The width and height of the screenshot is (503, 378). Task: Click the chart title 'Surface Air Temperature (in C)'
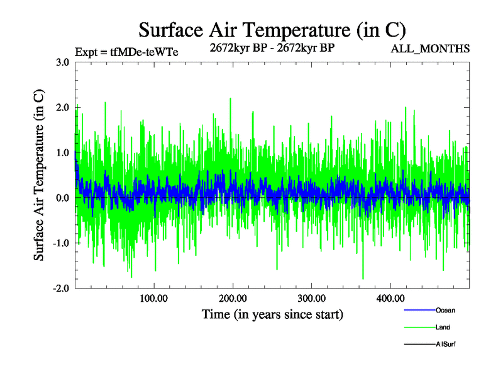click(272, 30)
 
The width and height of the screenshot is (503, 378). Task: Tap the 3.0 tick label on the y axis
click(62, 62)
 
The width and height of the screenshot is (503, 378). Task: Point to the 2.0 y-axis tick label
click(62, 108)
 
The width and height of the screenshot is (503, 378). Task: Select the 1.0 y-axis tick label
click(62, 153)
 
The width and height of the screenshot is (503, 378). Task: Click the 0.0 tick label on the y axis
click(62, 198)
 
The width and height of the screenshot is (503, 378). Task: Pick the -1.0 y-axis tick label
click(61, 243)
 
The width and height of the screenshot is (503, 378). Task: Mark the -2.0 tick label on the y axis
click(61, 289)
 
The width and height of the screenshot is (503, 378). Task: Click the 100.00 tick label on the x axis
click(153, 298)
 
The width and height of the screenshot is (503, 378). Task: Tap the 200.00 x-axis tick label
click(233, 298)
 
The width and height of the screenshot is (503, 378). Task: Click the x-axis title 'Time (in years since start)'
click(272, 314)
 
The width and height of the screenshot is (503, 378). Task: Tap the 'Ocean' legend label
click(445, 311)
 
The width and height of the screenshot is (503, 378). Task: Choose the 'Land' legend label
click(443, 328)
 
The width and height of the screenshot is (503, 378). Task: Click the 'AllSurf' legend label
click(445, 345)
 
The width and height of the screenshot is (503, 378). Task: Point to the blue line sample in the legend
click(418, 311)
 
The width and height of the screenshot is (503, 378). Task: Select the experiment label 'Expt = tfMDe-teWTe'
click(126, 52)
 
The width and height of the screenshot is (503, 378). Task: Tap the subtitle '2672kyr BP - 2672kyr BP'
click(272, 48)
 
